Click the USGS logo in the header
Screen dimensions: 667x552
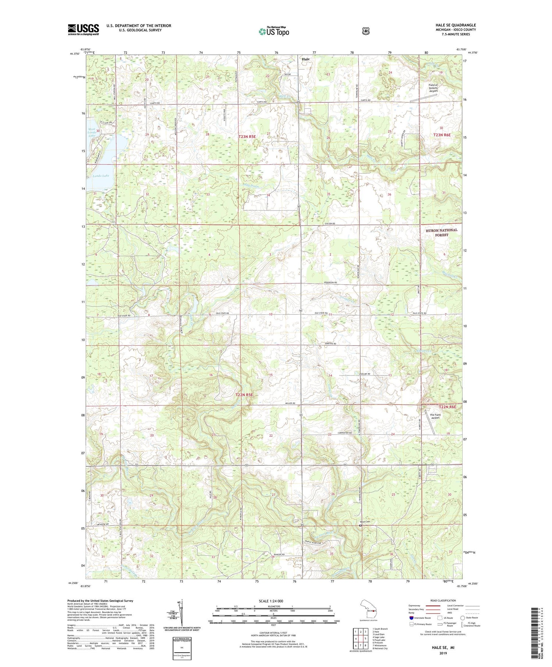(x=83, y=29)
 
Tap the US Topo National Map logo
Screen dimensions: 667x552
(x=274, y=31)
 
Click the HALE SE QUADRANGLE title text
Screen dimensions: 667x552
(x=455, y=25)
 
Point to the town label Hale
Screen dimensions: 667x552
(x=305, y=59)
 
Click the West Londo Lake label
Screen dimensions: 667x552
(x=92, y=132)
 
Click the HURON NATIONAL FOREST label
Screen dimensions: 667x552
(x=441, y=232)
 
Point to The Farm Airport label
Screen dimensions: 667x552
(x=435, y=416)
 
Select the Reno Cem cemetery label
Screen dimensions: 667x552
(x=365, y=522)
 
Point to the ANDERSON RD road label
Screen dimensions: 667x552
(x=330, y=282)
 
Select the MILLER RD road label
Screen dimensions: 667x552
(x=291, y=403)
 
